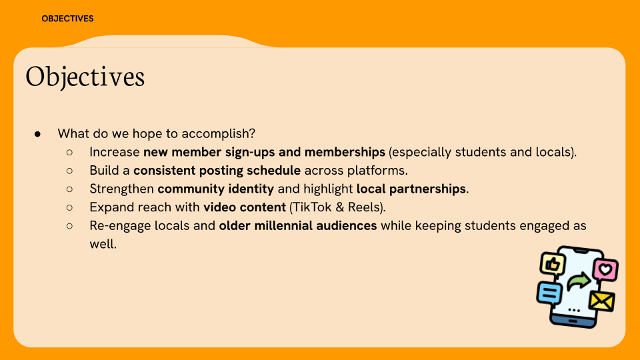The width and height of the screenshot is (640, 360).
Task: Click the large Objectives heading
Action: tap(85, 77)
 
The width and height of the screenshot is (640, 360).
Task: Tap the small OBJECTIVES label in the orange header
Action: tap(67, 19)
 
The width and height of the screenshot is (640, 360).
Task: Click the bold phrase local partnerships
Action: tap(411, 189)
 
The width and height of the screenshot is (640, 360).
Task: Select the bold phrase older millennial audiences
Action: tap(298, 225)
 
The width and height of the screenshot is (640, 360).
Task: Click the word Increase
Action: tap(115, 152)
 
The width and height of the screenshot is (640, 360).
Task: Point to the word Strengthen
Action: tap(122, 189)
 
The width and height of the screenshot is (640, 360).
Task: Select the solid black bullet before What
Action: tap(37, 133)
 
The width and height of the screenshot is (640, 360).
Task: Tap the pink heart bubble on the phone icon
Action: tap(605, 269)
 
